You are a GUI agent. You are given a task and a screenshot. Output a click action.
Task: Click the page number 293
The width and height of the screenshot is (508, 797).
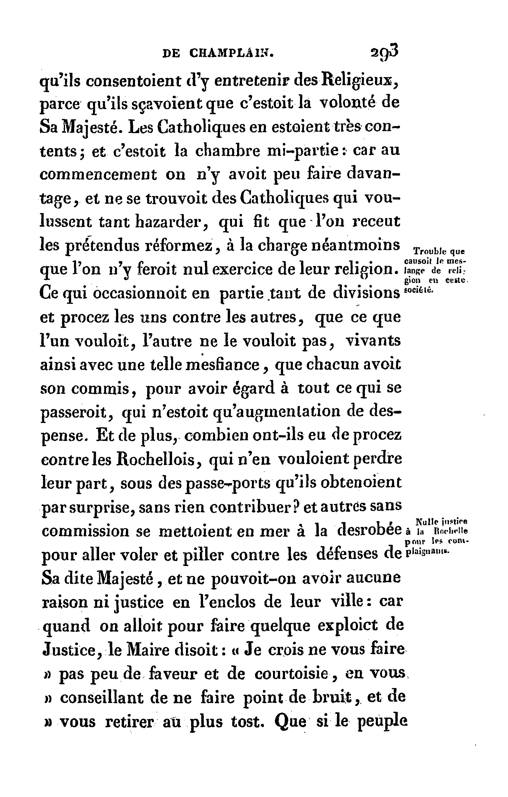pyautogui.click(x=384, y=52)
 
